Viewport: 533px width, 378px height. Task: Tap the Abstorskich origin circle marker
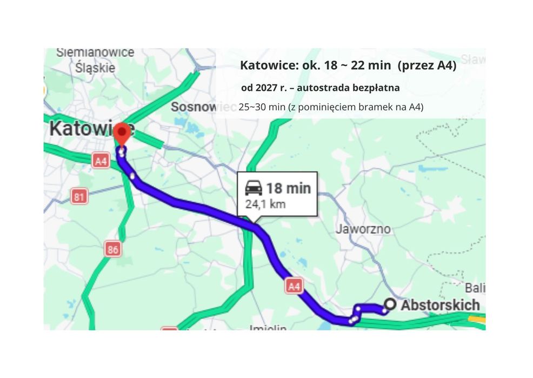[388, 304]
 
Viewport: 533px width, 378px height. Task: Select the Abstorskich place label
[440, 305]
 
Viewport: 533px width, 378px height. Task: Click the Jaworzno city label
[363, 229]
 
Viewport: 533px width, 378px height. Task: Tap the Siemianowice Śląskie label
[95, 60]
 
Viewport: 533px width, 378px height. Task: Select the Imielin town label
[268, 327]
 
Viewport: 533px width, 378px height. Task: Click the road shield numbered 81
[79, 197]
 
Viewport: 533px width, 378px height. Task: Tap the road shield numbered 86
[113, 249]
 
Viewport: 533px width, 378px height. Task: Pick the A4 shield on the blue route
[294, 286]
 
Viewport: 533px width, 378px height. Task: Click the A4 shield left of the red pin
[101, 161]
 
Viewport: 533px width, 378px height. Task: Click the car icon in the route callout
[254, 188]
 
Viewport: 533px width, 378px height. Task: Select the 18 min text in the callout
[289, 188]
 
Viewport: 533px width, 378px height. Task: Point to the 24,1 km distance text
[265, 204]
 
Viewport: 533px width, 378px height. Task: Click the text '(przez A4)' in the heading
[427, 66]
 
